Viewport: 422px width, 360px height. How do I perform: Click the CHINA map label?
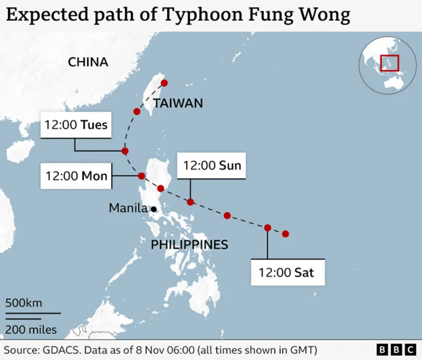88,62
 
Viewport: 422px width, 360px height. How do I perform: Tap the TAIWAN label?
178,103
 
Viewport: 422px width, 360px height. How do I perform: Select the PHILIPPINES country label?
189,244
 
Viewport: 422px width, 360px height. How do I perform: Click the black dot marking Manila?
154,209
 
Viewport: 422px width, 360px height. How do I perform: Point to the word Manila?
128,208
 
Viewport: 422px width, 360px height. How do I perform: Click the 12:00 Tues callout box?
76,125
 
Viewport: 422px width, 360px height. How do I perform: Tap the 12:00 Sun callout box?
212,165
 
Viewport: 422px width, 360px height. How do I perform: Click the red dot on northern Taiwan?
164,83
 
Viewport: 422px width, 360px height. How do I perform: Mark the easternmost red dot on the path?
285,233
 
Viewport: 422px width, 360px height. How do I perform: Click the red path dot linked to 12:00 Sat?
267,228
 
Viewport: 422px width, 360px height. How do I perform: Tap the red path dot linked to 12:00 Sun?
190,202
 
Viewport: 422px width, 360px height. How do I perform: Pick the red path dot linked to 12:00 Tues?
125,151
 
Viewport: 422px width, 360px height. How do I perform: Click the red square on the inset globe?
390,63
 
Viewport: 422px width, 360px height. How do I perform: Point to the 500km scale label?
24,303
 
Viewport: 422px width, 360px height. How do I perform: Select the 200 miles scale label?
31,330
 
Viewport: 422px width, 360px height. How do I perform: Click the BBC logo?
396,350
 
